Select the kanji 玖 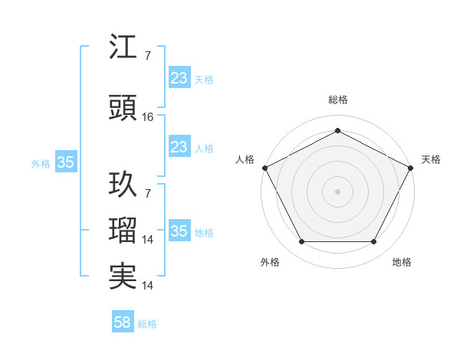[123, 185]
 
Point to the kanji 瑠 [123, 231]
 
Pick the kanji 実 [123, 276]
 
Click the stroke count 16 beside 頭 [149, 117]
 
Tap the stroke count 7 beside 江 [147, 56]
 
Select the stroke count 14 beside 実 [149, 286]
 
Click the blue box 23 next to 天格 [179, 78]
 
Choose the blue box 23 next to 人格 [179, 147]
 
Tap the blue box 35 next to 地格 [179, 231]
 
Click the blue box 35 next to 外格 [66, 162]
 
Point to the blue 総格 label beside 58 [147, 324]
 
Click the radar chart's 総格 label [337, 100]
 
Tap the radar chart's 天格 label [431, 159]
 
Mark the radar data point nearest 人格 [264, 167]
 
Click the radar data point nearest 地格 [374, 242]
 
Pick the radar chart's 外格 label [270, 262]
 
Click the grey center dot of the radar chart [337, 191]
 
